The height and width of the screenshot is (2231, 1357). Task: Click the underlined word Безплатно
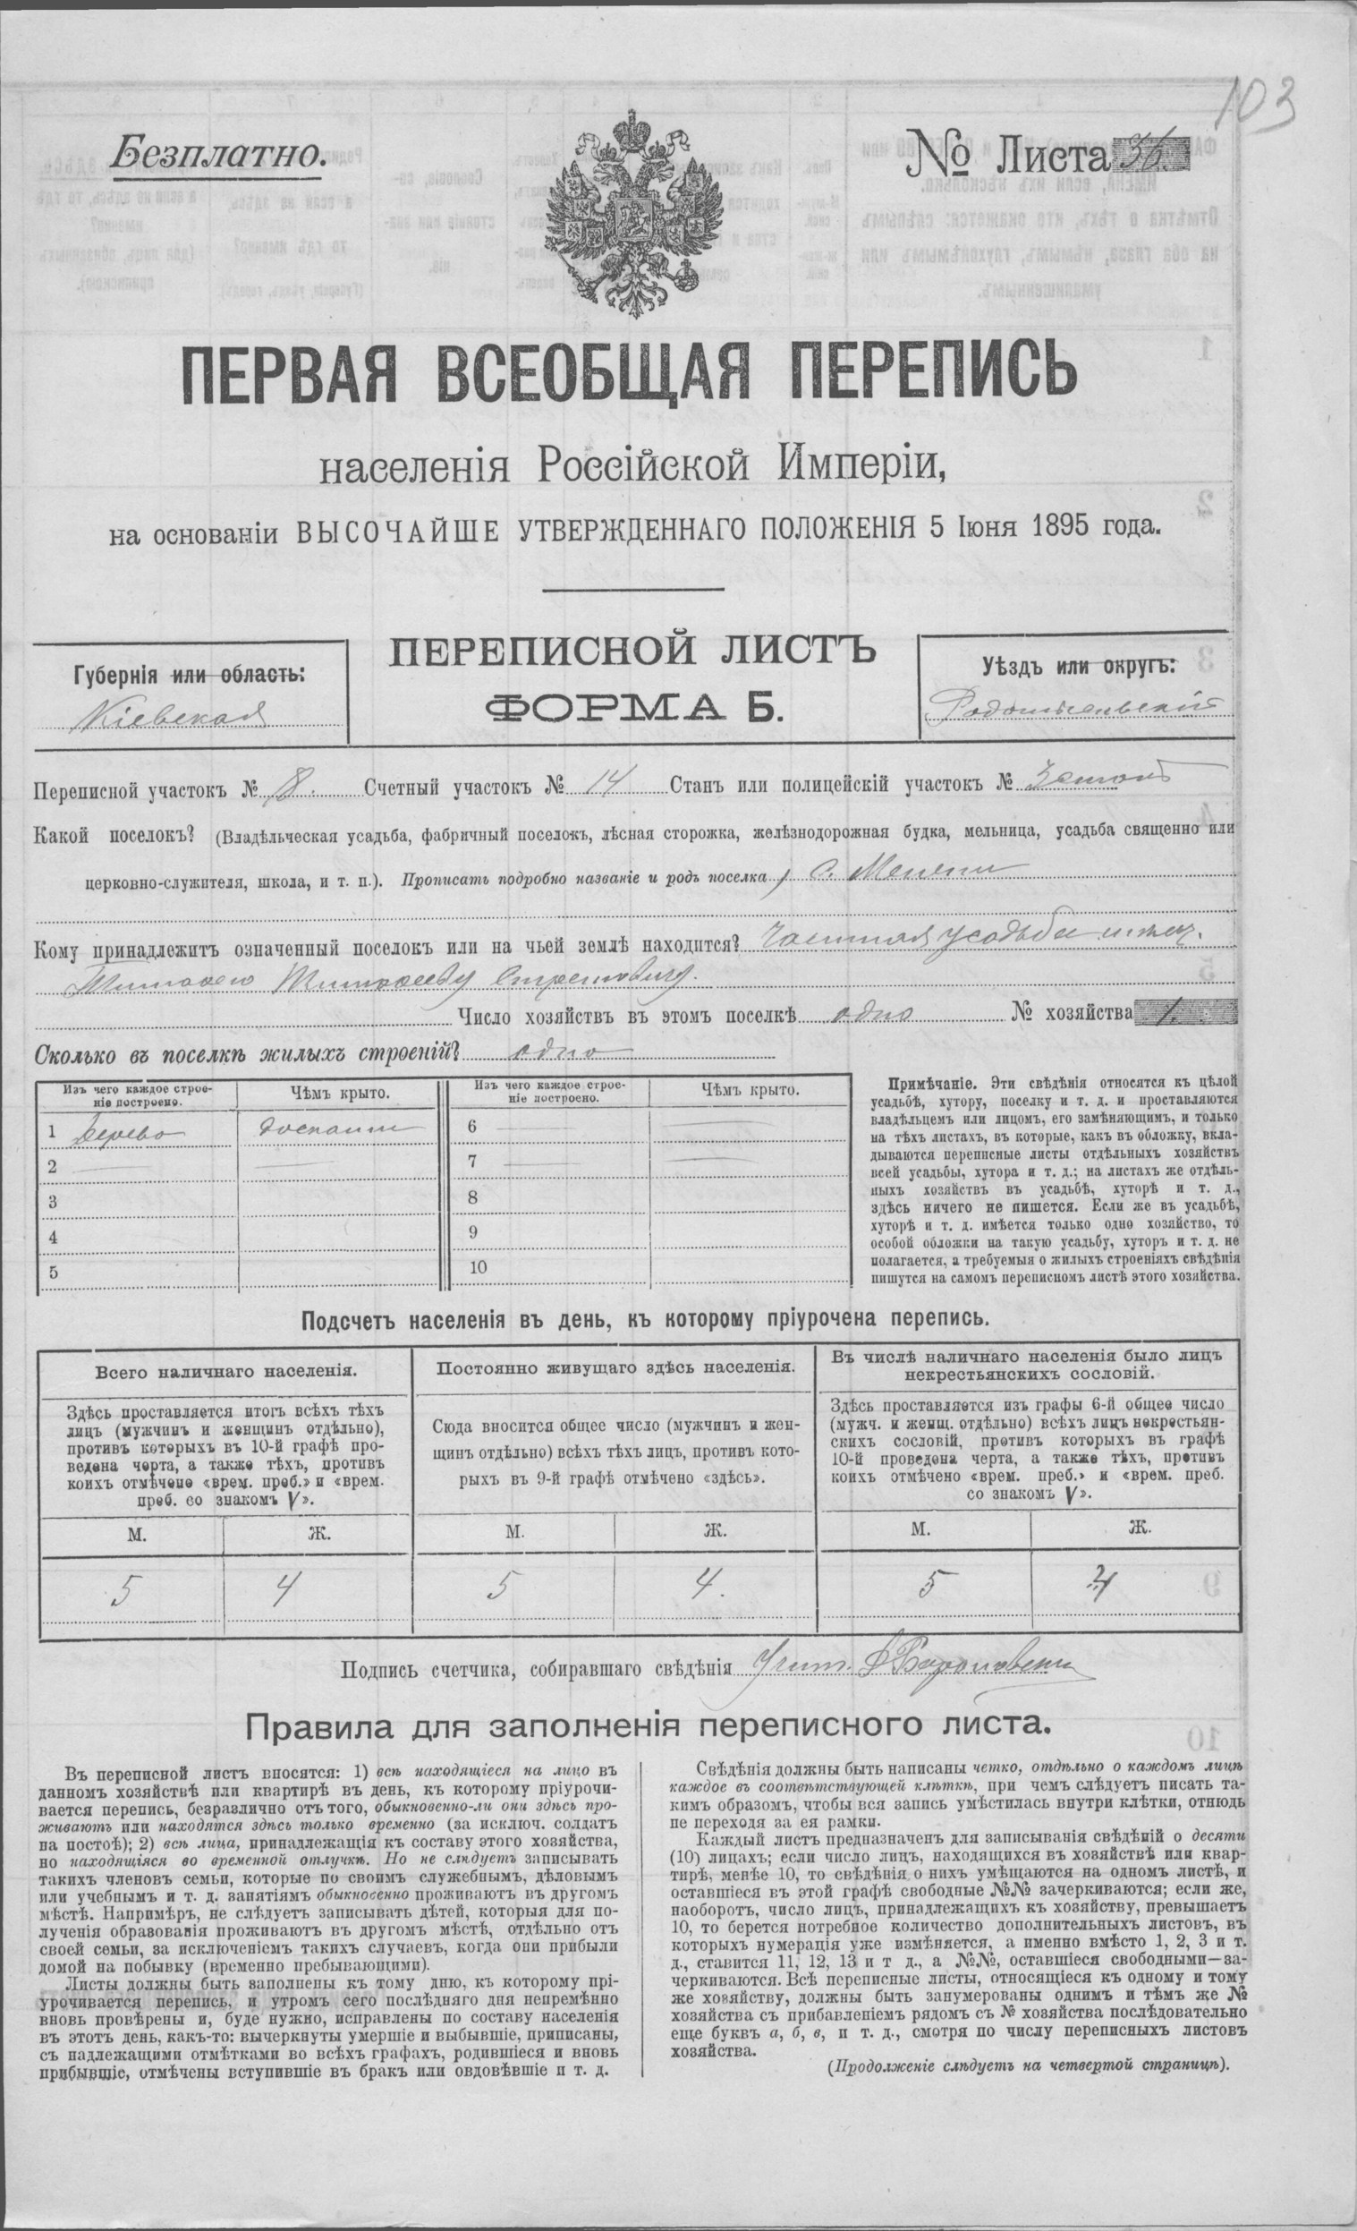tap(217, 154)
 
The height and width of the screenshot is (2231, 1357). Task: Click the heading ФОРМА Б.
tap(632, 707)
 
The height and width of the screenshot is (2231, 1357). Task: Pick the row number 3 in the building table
tap(54, 1202)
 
